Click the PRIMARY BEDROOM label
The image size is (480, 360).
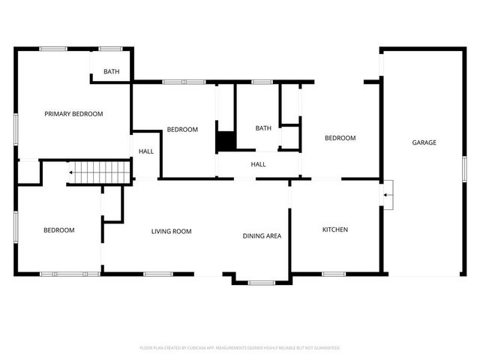[x=73, y=114]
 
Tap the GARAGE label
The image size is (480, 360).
[x=424, y=142]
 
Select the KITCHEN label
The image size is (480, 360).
[x=334, y=229]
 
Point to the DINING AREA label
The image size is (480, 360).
[x=262, y=236]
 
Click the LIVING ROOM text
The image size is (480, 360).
[x=171, y=232]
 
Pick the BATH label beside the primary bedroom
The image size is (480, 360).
[x=111, y=72]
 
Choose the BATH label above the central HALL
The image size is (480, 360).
[x=263, y=128]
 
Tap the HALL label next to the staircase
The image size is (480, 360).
[x=145, y=151]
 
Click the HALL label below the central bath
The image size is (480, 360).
[x=258, y=164]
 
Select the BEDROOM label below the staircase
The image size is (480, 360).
[x=58, y=230]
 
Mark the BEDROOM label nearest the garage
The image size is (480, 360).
[x=340, y=138]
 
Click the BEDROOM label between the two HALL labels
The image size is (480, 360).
[x=182, y=130]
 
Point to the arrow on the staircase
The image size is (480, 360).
[x=70, y=172]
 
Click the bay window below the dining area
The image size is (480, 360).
[x=262, y=283]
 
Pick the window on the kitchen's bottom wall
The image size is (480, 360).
[x=333, y=274]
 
